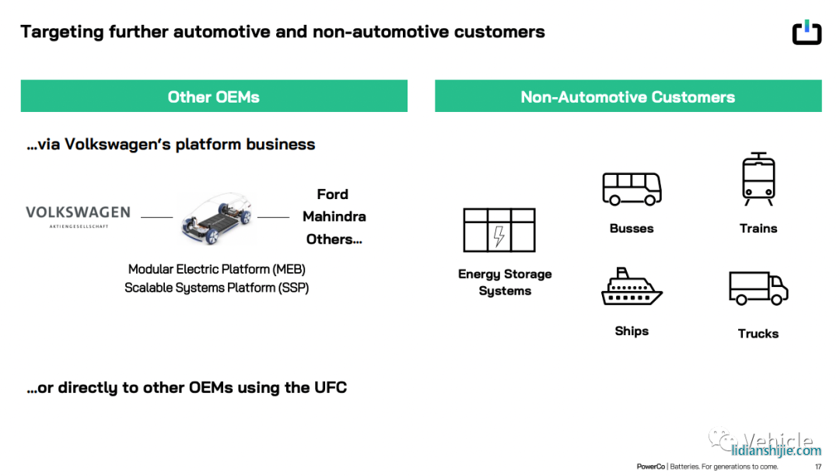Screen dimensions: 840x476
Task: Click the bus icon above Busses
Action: coord(632,189)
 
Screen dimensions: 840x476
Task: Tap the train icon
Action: coord(758,179)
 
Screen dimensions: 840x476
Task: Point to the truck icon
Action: coord(758,288)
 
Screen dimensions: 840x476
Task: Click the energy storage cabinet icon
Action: coord(499,230)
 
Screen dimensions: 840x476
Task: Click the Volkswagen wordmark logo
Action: coord(79,216)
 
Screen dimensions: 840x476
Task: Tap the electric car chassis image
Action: coord(216,218)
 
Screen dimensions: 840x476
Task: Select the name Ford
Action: coord(333,194)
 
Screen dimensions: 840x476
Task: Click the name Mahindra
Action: coord(334,216)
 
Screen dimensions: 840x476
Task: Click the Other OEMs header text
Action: coord(214,97)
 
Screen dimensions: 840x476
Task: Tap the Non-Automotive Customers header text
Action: coord(628,97)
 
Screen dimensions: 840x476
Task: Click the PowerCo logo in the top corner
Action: coord(807,32)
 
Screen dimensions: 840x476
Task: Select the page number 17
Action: coord(818,467)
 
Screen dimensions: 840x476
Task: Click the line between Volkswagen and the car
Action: coord(156,217)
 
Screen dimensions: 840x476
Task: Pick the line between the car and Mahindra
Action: coord(273,217)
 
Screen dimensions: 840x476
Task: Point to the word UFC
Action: coord(331,387)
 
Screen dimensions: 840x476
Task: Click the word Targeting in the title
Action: coord(62,32)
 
